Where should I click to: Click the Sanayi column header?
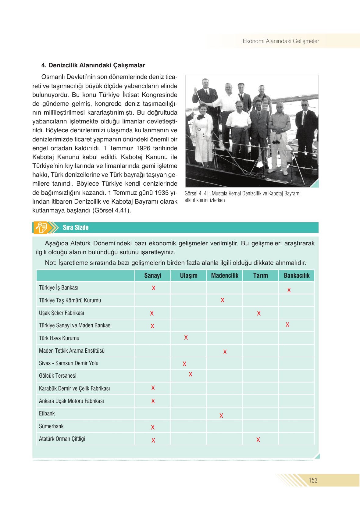153,276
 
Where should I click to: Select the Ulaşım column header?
189,276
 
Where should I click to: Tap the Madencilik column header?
225,276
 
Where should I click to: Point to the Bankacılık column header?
296,276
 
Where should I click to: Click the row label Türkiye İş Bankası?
59,288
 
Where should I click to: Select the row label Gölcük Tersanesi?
58,376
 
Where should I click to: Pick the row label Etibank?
47,414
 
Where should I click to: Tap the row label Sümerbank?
51,426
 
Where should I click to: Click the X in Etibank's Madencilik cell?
221,416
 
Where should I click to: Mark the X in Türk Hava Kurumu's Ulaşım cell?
186,337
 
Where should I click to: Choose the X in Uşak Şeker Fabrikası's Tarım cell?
259,313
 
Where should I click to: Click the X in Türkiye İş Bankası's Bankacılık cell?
289,290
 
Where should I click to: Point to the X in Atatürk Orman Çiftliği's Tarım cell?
258,440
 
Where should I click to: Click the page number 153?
313,480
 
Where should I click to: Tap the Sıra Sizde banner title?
76,228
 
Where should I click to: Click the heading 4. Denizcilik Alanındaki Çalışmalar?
93,65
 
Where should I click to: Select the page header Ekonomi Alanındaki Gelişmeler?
281,41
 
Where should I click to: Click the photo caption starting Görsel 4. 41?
243,197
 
